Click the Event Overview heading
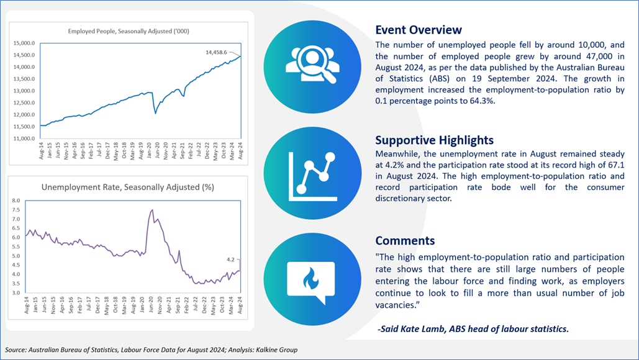coord(419,30)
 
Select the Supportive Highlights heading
coord(435,140)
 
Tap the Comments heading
coord(405,241)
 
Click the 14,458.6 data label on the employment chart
coord(216,52)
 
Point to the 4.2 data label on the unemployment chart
coord(230,259)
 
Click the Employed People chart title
coord(129,31)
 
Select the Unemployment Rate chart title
coord(127,187)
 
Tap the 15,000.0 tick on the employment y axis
coord(24,43)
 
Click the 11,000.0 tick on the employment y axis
coord(24,138)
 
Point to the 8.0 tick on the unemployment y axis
coord(16,200)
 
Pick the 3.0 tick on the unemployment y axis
coord(16,293)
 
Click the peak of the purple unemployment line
coord(152,210)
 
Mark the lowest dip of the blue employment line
coord(155,113)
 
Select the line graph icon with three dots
coord(312,176)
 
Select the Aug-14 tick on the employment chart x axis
coord(41,151)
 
